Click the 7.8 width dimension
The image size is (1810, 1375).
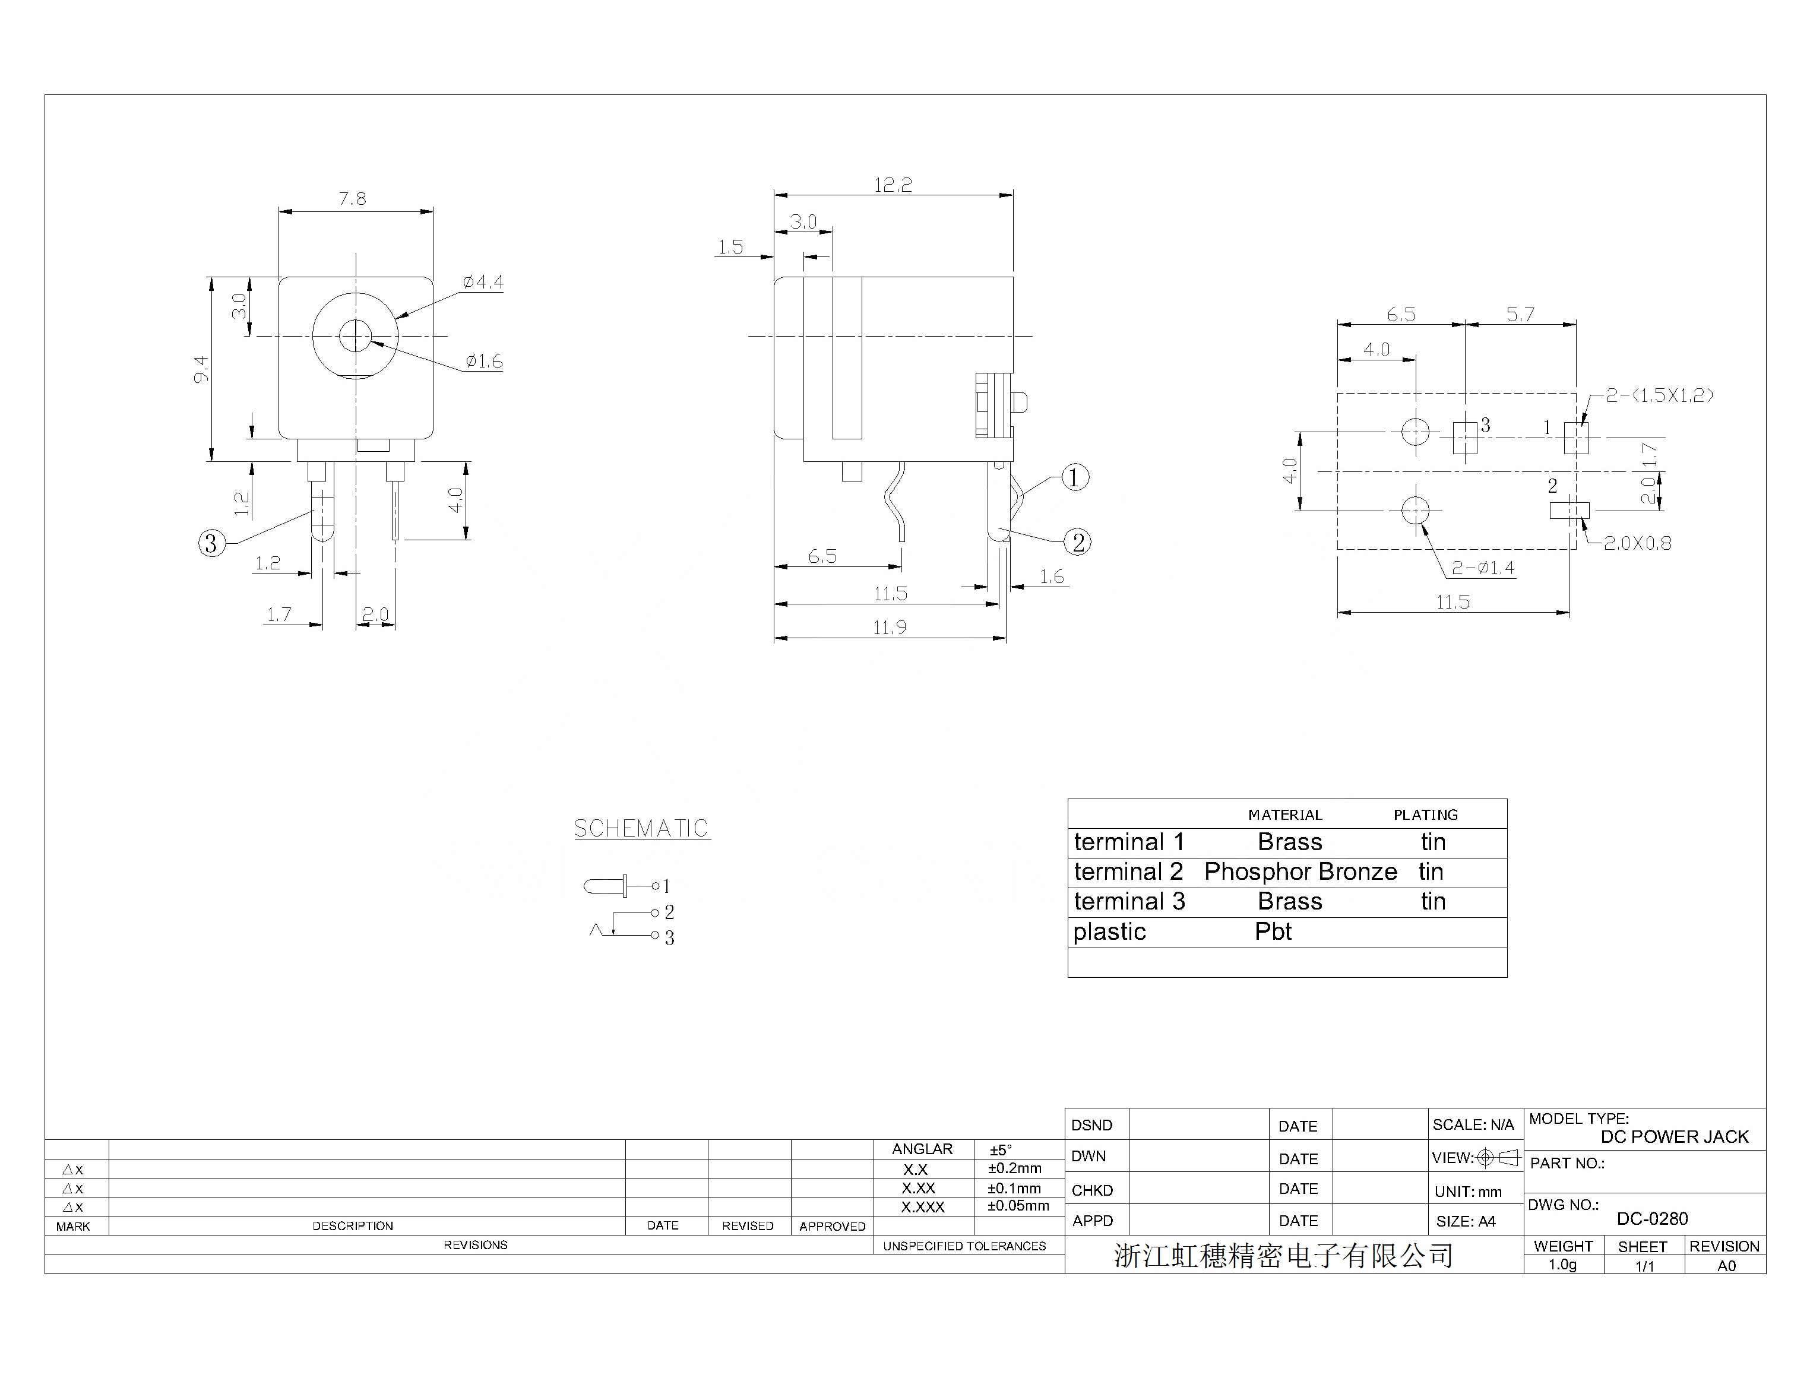(353, 199)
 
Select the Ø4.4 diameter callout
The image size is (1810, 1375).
(483, 283)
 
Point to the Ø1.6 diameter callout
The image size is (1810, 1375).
(484, 361)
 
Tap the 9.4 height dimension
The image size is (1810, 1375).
(201, 369)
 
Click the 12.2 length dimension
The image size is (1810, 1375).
(893, 185)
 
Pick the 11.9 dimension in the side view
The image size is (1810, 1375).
(889, 628)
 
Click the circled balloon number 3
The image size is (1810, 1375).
(211, 543)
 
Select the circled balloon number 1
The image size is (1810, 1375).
(1075, 477)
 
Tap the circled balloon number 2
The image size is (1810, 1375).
(1078, 542)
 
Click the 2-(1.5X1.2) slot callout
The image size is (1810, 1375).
(1659, 395)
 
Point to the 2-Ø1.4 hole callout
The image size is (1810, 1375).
(1483, 568)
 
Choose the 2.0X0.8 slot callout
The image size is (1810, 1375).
(1637, 543)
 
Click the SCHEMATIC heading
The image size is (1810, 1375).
(641, 828)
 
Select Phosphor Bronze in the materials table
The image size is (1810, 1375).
(1300, 872)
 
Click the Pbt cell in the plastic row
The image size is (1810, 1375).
(1273, 932)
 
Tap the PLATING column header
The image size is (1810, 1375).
(1425, 815)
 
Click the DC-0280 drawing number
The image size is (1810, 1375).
(1652, 1219)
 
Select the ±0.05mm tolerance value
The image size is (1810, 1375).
(1018, 1206)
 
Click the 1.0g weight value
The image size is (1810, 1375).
(1562, 1265)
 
